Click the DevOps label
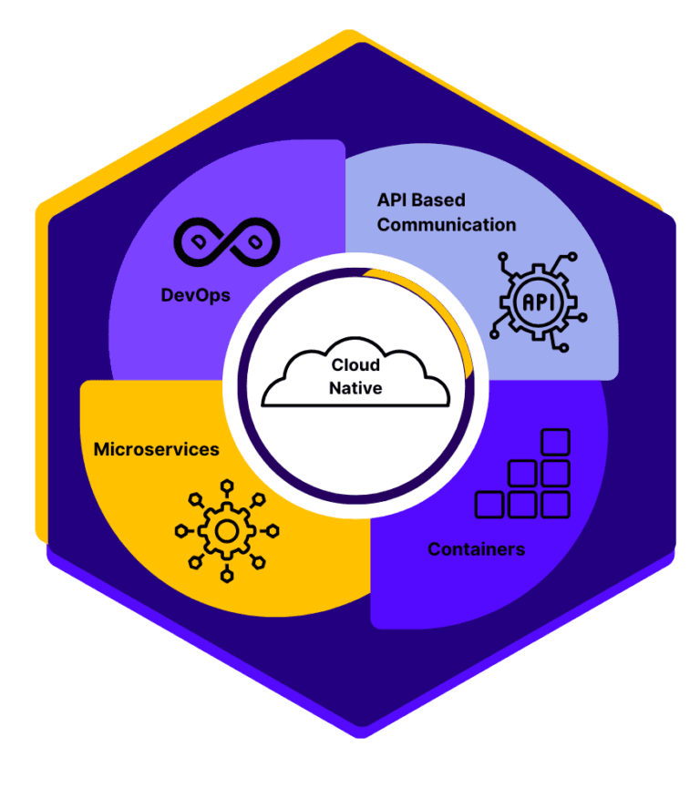click(195, 295)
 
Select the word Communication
click(446, 224)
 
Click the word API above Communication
click(394, 200)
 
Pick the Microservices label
click(156, 449)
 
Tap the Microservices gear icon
click(227, 530)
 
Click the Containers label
click(476, 549)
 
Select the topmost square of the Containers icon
click(555, 442)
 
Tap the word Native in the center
click(356, 388)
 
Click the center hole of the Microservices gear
click(227, 530)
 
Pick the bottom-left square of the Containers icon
click(489, 505)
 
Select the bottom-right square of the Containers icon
click(555, 505)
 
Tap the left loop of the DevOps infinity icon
click(200, 240)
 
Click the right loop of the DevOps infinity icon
click(254, 240)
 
